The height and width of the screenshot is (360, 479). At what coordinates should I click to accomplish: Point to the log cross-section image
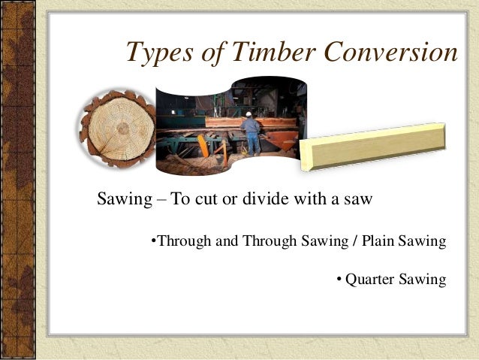[116, 129]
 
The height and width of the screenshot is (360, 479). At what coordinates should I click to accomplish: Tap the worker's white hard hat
[249, 114]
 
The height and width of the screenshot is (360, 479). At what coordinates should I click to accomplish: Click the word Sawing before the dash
[123, 200]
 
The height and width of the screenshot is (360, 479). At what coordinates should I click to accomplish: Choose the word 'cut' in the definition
[208, 200]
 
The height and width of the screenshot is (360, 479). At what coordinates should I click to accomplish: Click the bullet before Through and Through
[153, 241]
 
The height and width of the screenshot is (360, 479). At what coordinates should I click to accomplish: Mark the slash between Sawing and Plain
[355, 241]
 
